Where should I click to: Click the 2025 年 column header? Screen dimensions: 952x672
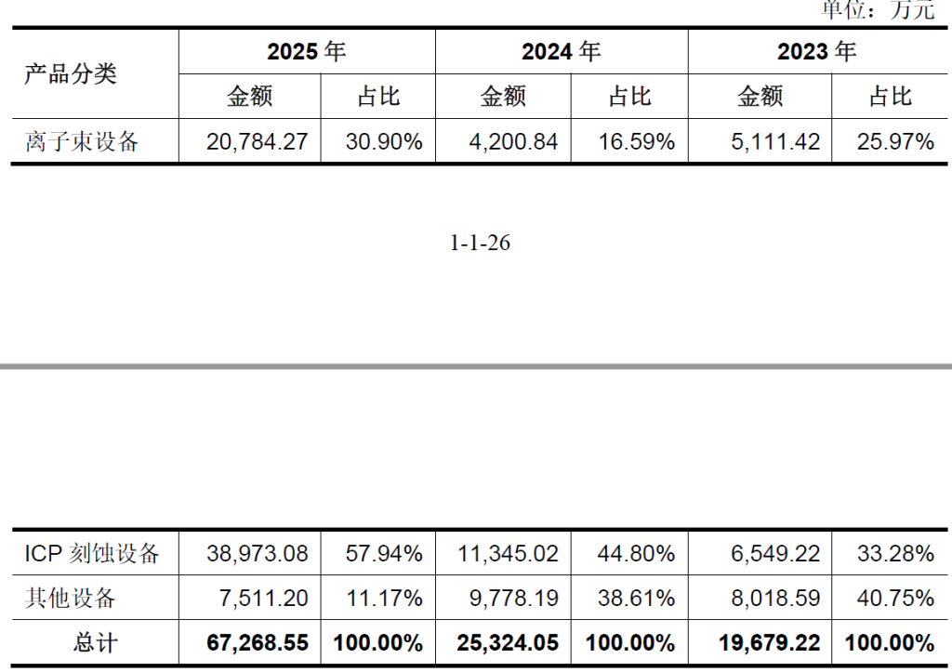pyautogui.click(x=307, y=52)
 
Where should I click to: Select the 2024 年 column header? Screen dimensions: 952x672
pyautogui.click(x=561, y=52)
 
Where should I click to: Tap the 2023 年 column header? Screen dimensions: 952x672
pyautogui.click(x=816, y=52)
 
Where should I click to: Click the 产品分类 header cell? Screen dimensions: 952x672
pyautogui.click(x=71, y=74)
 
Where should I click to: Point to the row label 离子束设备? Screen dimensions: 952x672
pyautogui.click(x=82, y=142)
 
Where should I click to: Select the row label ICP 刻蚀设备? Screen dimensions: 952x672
pyautogui.click(x=92, y=554)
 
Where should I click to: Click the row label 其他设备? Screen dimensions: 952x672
pyautogui.click(x=71, y=599)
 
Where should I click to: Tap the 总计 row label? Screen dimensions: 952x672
pyautogui.click(x=96, y=643)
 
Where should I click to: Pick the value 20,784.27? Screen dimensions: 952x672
pyautogui.click(x=258, y=142)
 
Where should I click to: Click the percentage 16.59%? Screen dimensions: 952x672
pyautogui.click(x=636, y=142)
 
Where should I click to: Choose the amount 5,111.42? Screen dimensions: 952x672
pyautogui.click(x=775, y=142)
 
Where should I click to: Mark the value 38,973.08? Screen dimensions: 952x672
pyautogui.click(x=258, y=554)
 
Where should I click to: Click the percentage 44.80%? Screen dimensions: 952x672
pyautogui.click(x=636, y=554)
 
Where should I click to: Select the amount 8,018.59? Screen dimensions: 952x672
pyautogui.click(x=775, y=599)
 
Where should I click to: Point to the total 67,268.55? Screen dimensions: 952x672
pyautogui.click(x=258, y=643)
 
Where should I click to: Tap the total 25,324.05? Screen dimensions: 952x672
pyautogui.click(x=508, y=643)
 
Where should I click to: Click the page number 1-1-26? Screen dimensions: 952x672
pyautogui.click(x=480, y=243)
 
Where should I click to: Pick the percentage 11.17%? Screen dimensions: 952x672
pyautogui.click(x=384, y=599)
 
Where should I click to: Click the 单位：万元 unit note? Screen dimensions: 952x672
pyautogui.click(x=878, y=8)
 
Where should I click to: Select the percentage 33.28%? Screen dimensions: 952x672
pyautogui.click(x=895, y=554)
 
